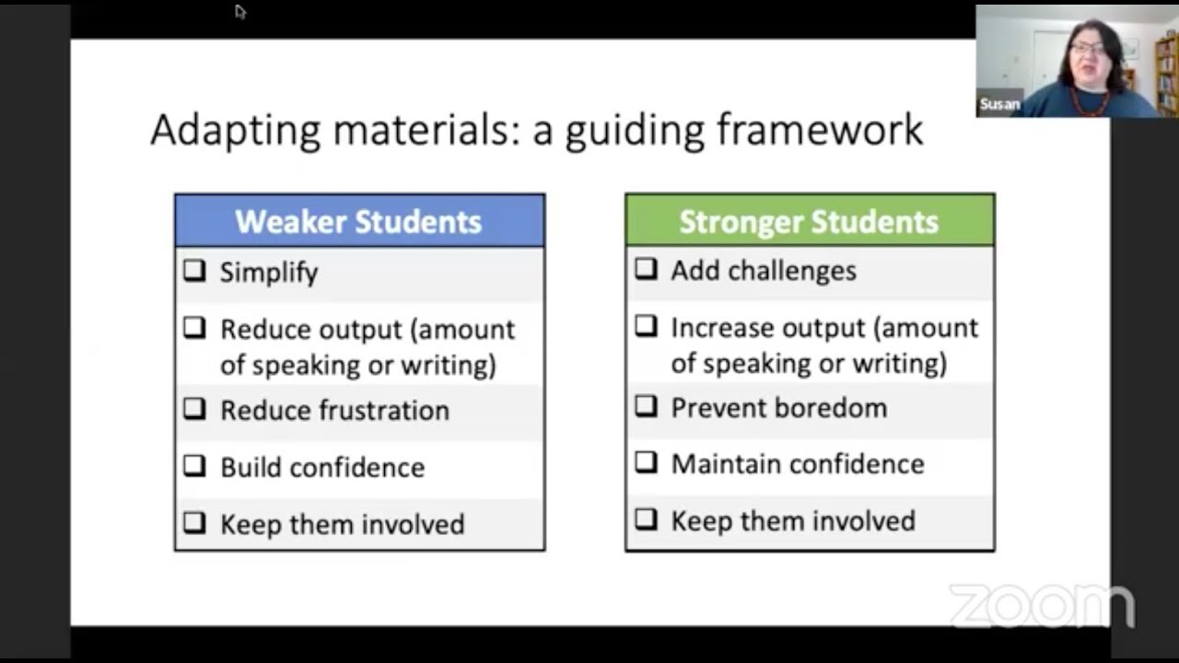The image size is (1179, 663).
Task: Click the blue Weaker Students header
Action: pos(359,221)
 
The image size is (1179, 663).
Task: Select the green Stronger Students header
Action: pos(810,221)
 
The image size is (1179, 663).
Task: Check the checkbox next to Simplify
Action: pos(194,271)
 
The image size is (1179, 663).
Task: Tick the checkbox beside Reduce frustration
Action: pos(194,409)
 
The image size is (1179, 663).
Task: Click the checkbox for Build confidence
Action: pos(194,466)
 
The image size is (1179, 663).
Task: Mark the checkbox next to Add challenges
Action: pos(646,269)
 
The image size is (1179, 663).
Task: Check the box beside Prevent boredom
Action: pos(646,407)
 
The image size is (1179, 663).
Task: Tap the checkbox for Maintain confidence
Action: pos(646,462)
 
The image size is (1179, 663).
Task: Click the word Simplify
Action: pos(269,273)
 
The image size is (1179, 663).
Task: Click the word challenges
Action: pos(800,271)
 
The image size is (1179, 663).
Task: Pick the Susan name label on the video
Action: pos(999,104)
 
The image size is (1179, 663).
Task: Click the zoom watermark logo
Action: pos(1041,606)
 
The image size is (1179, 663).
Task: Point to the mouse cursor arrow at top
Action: pos(239,11)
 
